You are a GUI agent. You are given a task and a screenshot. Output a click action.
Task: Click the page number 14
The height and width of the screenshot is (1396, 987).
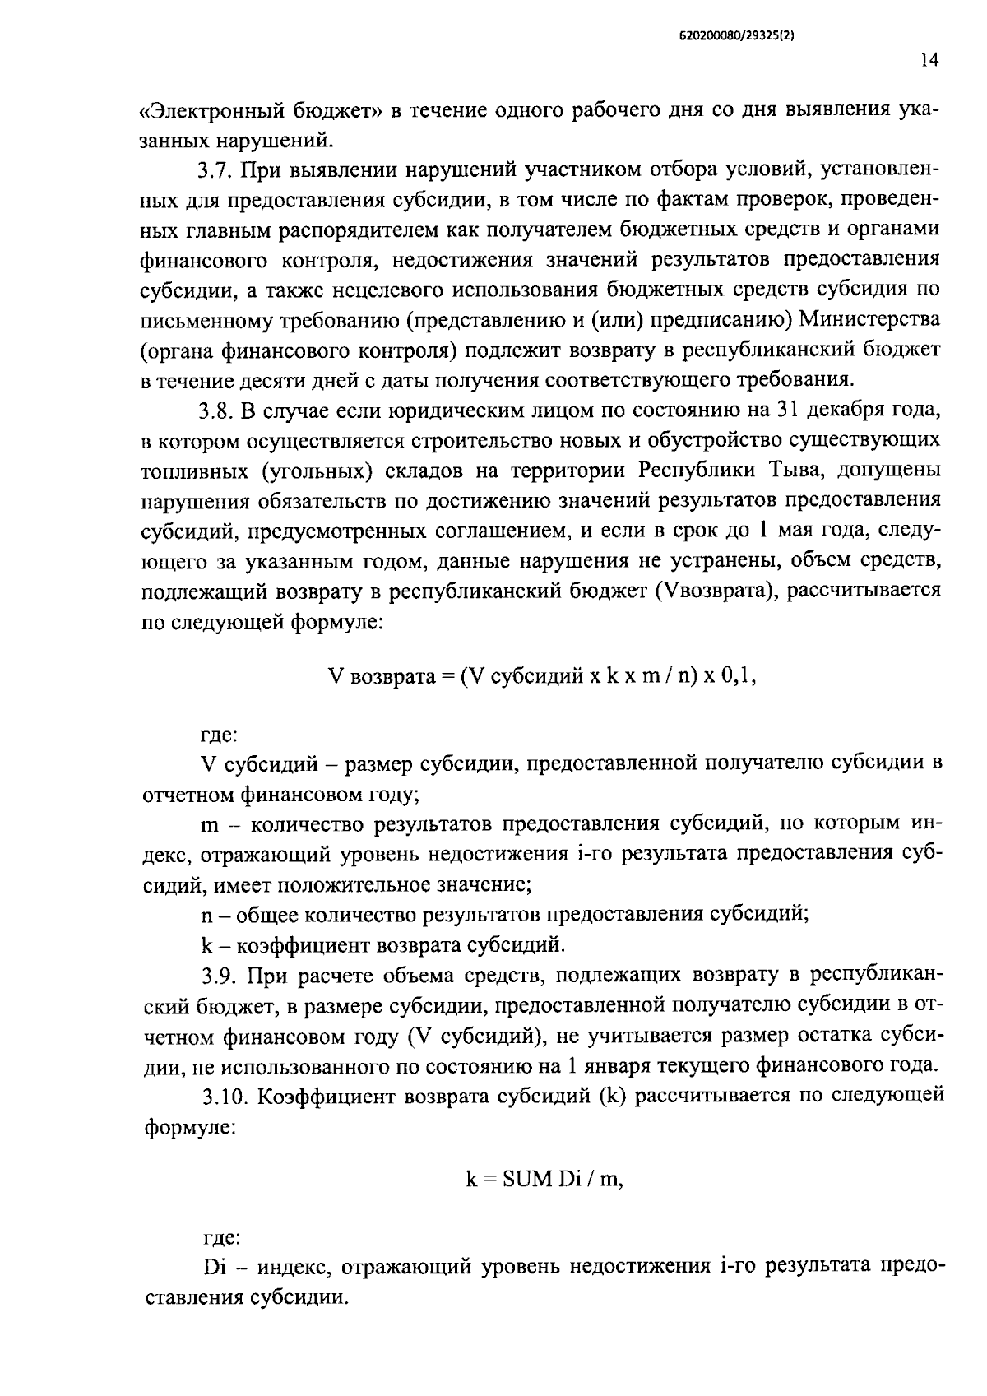[x=929, y=60]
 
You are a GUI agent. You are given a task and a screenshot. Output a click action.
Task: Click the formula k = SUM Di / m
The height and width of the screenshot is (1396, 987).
[x=544, y=1179]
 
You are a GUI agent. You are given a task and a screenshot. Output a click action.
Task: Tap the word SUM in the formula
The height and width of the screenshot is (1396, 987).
[x=527, y=1179]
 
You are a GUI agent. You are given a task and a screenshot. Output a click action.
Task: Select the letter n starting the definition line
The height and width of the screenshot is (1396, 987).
[x=206, y=915]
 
